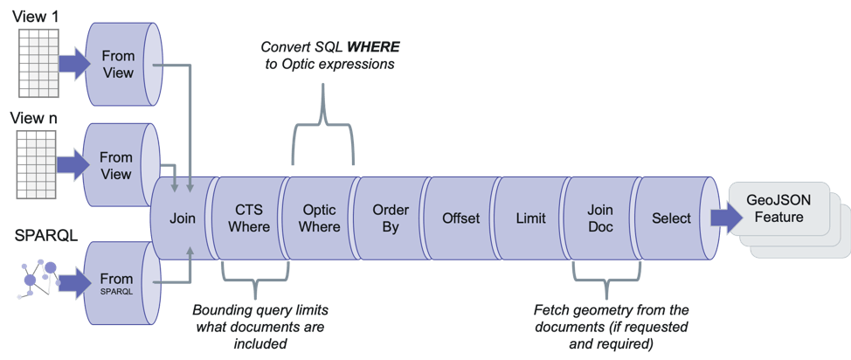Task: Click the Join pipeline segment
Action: click(183, 218)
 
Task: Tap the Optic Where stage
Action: click(320, 218)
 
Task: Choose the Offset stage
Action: click(460, 218)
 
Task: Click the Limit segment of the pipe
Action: click(531, 218)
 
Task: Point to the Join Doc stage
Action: click(600, 218)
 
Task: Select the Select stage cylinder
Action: click(671, 218)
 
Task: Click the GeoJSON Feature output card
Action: click(775, 209)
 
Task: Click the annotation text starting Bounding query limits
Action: click(263, 326)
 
